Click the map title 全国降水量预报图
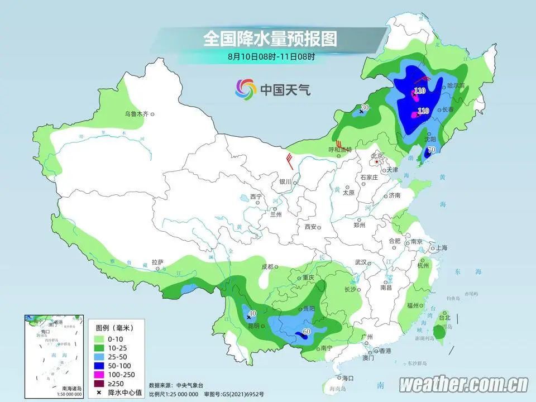(x=270, y=39)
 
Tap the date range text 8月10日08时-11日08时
(x=271, y=56)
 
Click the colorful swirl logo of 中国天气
(x=244, y=88)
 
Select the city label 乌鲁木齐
(x=137, y=114)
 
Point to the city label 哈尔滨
(x=456, y=86)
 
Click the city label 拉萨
(x=157, y=261)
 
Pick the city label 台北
(x=444, y=318)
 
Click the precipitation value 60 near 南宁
(x=306, y=333)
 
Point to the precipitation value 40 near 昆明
(x=252, y=314)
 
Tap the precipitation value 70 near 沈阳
(x=431, y=150)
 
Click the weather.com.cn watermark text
(x=464, y=384)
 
